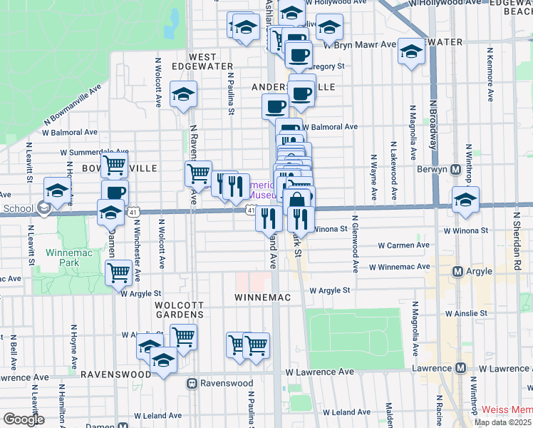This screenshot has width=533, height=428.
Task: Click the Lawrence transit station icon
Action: [x=461, y=368]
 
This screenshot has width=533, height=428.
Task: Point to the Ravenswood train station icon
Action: [x=192, y=383]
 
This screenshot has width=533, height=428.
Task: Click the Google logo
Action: [x=24, y=419]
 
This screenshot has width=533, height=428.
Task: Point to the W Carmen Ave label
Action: [x=403, y=245]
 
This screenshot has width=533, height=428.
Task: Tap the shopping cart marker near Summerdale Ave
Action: [x=114, y=166]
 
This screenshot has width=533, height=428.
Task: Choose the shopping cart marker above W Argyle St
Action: [x=118, y=272]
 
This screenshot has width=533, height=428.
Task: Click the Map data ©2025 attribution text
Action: [x=503, y=422]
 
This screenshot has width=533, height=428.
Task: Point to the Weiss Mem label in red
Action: [x=507, y=409]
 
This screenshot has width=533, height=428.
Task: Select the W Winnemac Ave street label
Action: [x=400, y=267]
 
